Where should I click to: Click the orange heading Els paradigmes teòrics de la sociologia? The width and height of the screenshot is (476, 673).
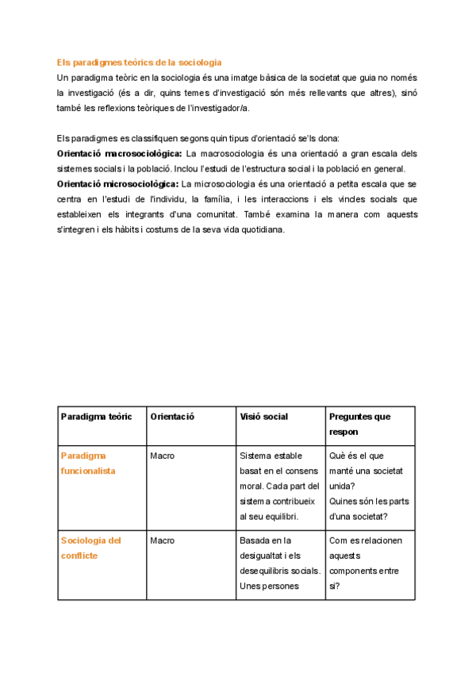[139, 62]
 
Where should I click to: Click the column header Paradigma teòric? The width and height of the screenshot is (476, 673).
[96, 417]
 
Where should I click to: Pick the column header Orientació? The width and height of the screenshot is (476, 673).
[172, 417]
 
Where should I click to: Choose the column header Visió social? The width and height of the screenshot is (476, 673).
[263, 417]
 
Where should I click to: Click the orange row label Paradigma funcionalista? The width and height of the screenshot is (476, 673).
[88, 463]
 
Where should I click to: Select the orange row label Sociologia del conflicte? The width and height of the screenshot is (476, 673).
[90, 548]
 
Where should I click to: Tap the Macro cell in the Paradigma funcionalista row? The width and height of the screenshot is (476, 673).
[162, 456]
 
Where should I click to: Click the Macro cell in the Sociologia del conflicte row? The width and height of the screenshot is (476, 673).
[162, 540]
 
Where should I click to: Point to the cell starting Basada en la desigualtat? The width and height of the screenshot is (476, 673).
[279, 563]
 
